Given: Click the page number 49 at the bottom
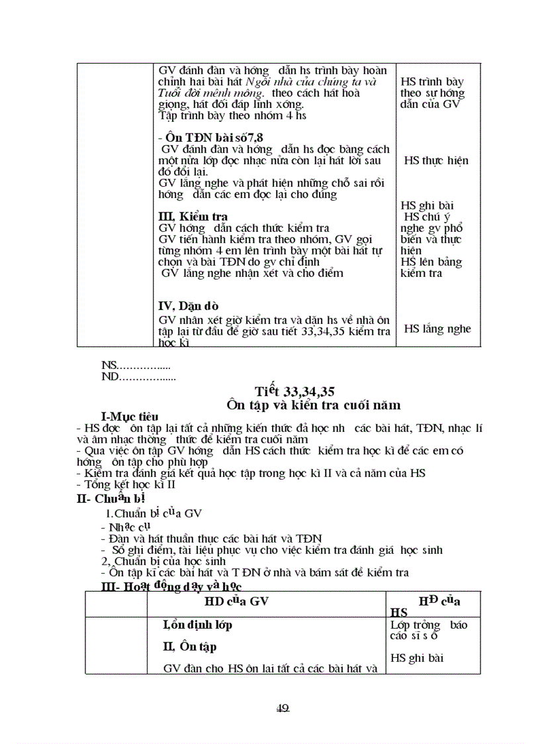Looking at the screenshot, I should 283,708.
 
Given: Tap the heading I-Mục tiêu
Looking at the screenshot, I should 130,416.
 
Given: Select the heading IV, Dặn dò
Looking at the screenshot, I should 189,306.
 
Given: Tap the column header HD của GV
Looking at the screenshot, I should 236,601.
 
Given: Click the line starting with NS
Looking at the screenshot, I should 136,365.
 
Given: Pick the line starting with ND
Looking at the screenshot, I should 138,378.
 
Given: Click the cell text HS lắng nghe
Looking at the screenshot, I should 437,329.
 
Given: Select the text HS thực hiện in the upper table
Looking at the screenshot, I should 435,160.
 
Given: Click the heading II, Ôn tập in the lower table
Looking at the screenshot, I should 189,647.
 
